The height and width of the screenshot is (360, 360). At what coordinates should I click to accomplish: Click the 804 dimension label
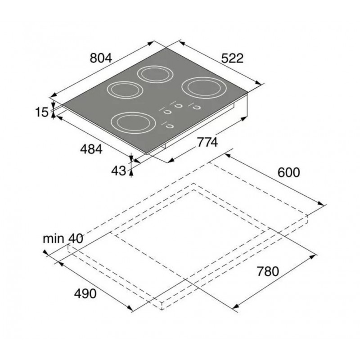(101, 58)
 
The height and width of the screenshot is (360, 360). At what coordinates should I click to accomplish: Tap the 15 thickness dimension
(42, 112)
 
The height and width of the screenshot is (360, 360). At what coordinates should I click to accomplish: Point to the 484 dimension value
(91, 149)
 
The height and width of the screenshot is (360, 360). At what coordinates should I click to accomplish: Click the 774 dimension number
(207, 142)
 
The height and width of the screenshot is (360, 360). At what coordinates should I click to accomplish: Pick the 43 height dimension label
(119, 171)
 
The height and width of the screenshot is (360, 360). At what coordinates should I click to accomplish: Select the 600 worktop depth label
(288, 172)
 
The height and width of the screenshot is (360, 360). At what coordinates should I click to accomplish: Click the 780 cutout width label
(268, 271)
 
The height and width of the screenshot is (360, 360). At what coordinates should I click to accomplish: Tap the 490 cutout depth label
(85, 293)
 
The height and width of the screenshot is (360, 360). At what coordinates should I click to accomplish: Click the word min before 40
(53, 239)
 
